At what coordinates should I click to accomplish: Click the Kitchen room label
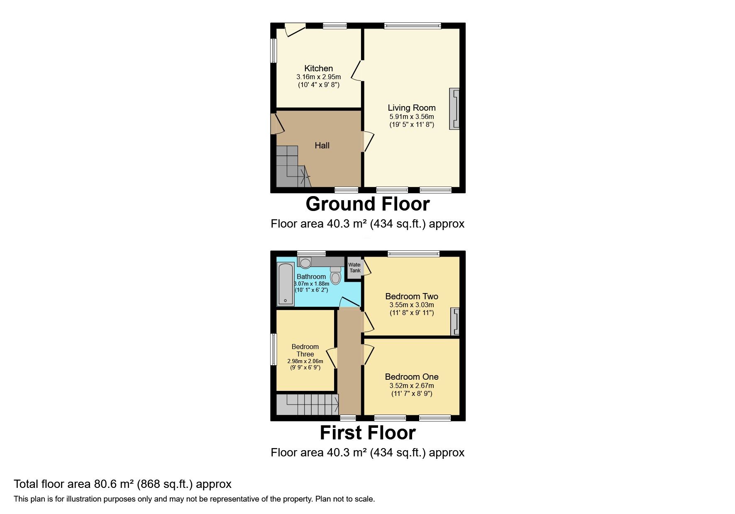(318, 68)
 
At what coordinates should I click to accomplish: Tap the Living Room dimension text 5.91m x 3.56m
(411, 117)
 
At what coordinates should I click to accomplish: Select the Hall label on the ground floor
(322, 145)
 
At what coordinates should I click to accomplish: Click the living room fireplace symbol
(454, 109)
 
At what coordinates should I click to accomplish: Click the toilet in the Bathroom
(335, 275)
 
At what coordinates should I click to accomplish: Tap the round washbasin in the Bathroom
(305, 263)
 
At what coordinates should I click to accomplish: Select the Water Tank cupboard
(354, 268)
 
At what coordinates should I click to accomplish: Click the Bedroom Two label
(411, 296)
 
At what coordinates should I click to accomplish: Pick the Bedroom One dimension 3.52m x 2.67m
(411, 386)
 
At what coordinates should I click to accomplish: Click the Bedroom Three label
(305, 350)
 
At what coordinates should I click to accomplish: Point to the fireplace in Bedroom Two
(455, 321)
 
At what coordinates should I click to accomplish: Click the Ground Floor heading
(367, 204)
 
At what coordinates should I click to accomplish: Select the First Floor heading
(367, 433)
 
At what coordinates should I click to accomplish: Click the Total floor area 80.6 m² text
(122, 484)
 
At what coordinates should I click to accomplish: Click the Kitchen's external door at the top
(295, 30)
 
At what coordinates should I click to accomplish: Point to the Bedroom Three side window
(273, 349)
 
